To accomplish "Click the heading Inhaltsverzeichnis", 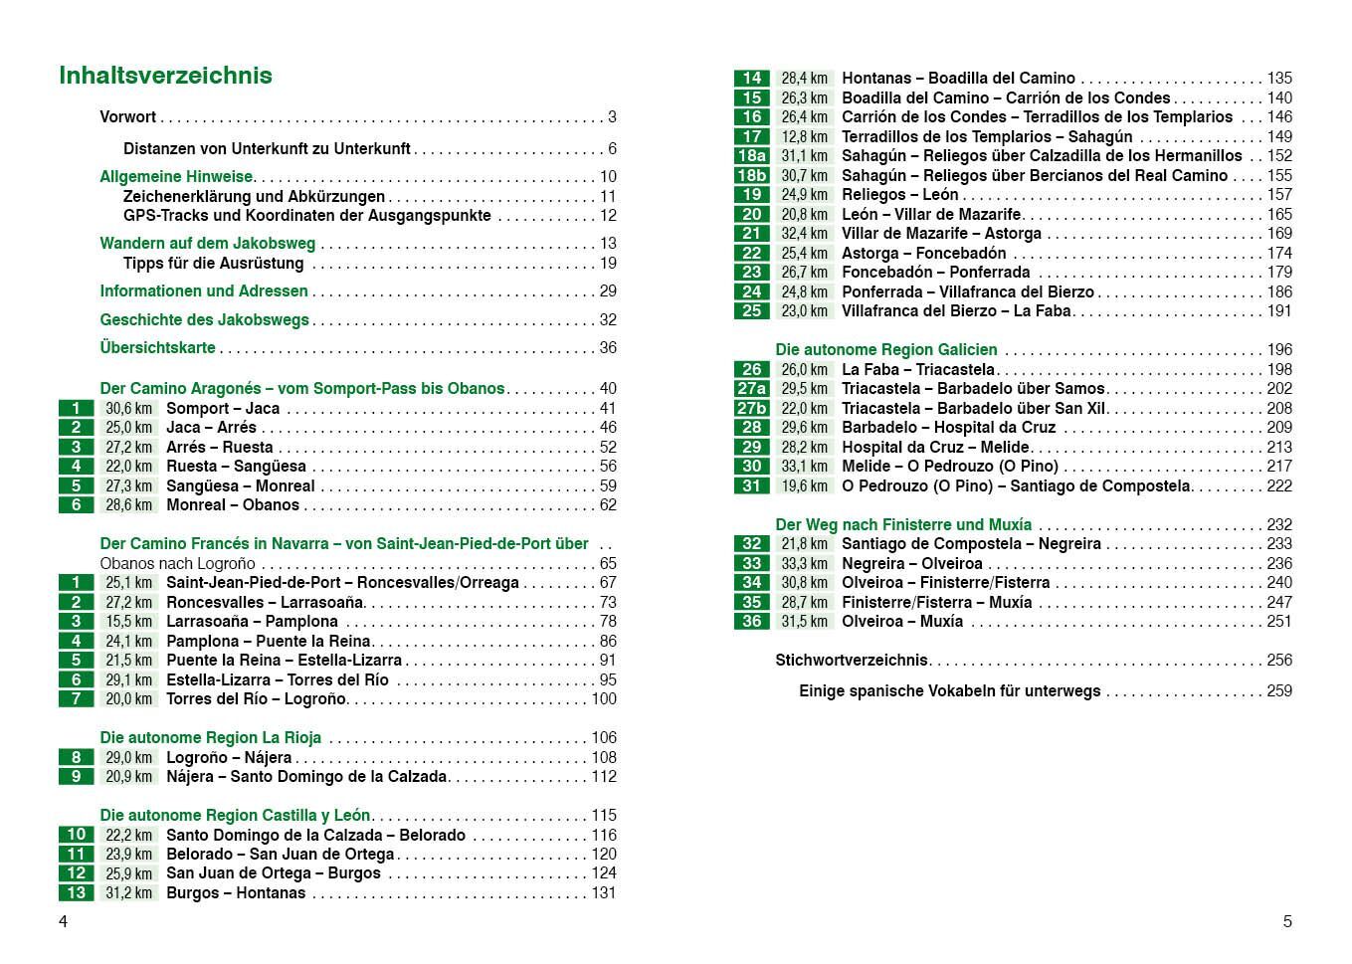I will pos(165,76).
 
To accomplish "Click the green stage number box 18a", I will pos(751,155).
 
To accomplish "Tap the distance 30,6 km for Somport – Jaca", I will pos(129,408).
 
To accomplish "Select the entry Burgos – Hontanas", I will pos(236,892).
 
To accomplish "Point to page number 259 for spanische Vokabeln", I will pos(1278,690).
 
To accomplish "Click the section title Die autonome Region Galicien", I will pos(885,349).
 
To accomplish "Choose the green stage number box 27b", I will pos(751,408).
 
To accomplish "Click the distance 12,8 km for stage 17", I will pos(804,136).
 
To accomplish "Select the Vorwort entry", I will pos(128,116).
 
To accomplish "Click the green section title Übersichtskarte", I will pos(157,347).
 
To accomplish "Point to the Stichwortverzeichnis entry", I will pos(852,660).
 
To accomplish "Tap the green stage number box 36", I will pos(751,621).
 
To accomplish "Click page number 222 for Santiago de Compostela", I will pos(1278,485).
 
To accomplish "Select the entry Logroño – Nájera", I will pos(229,757).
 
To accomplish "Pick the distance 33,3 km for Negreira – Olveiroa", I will pos(804,563).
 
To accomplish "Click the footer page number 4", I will pos(64,921).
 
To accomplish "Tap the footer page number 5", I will pos(1286,921).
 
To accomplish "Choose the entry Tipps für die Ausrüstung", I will pos(213,263).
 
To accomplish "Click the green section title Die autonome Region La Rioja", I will pos(210,737).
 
